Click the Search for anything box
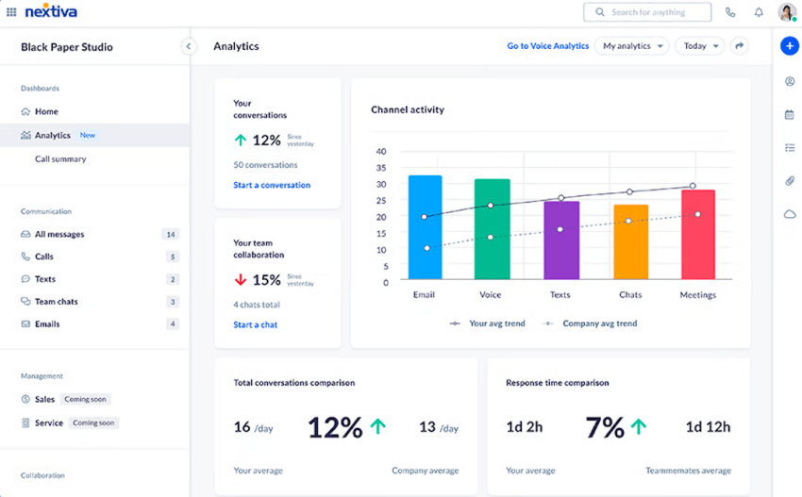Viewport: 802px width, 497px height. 647,12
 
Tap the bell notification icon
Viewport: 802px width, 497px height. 759,12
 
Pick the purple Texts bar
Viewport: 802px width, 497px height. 561,240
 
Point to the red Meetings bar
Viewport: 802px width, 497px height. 697,235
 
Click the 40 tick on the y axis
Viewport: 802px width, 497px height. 381,152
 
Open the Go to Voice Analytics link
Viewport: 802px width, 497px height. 547,46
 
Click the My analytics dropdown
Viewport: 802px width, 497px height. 631,46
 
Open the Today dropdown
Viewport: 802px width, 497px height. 699,46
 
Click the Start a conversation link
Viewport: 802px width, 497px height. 272,185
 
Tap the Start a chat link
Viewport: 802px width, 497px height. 255,324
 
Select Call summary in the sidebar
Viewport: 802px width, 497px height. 60,159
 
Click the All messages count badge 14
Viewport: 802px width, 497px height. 170,235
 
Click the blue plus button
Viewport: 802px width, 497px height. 790,46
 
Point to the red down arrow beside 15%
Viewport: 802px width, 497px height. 241,280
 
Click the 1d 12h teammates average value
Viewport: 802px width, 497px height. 707,427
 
